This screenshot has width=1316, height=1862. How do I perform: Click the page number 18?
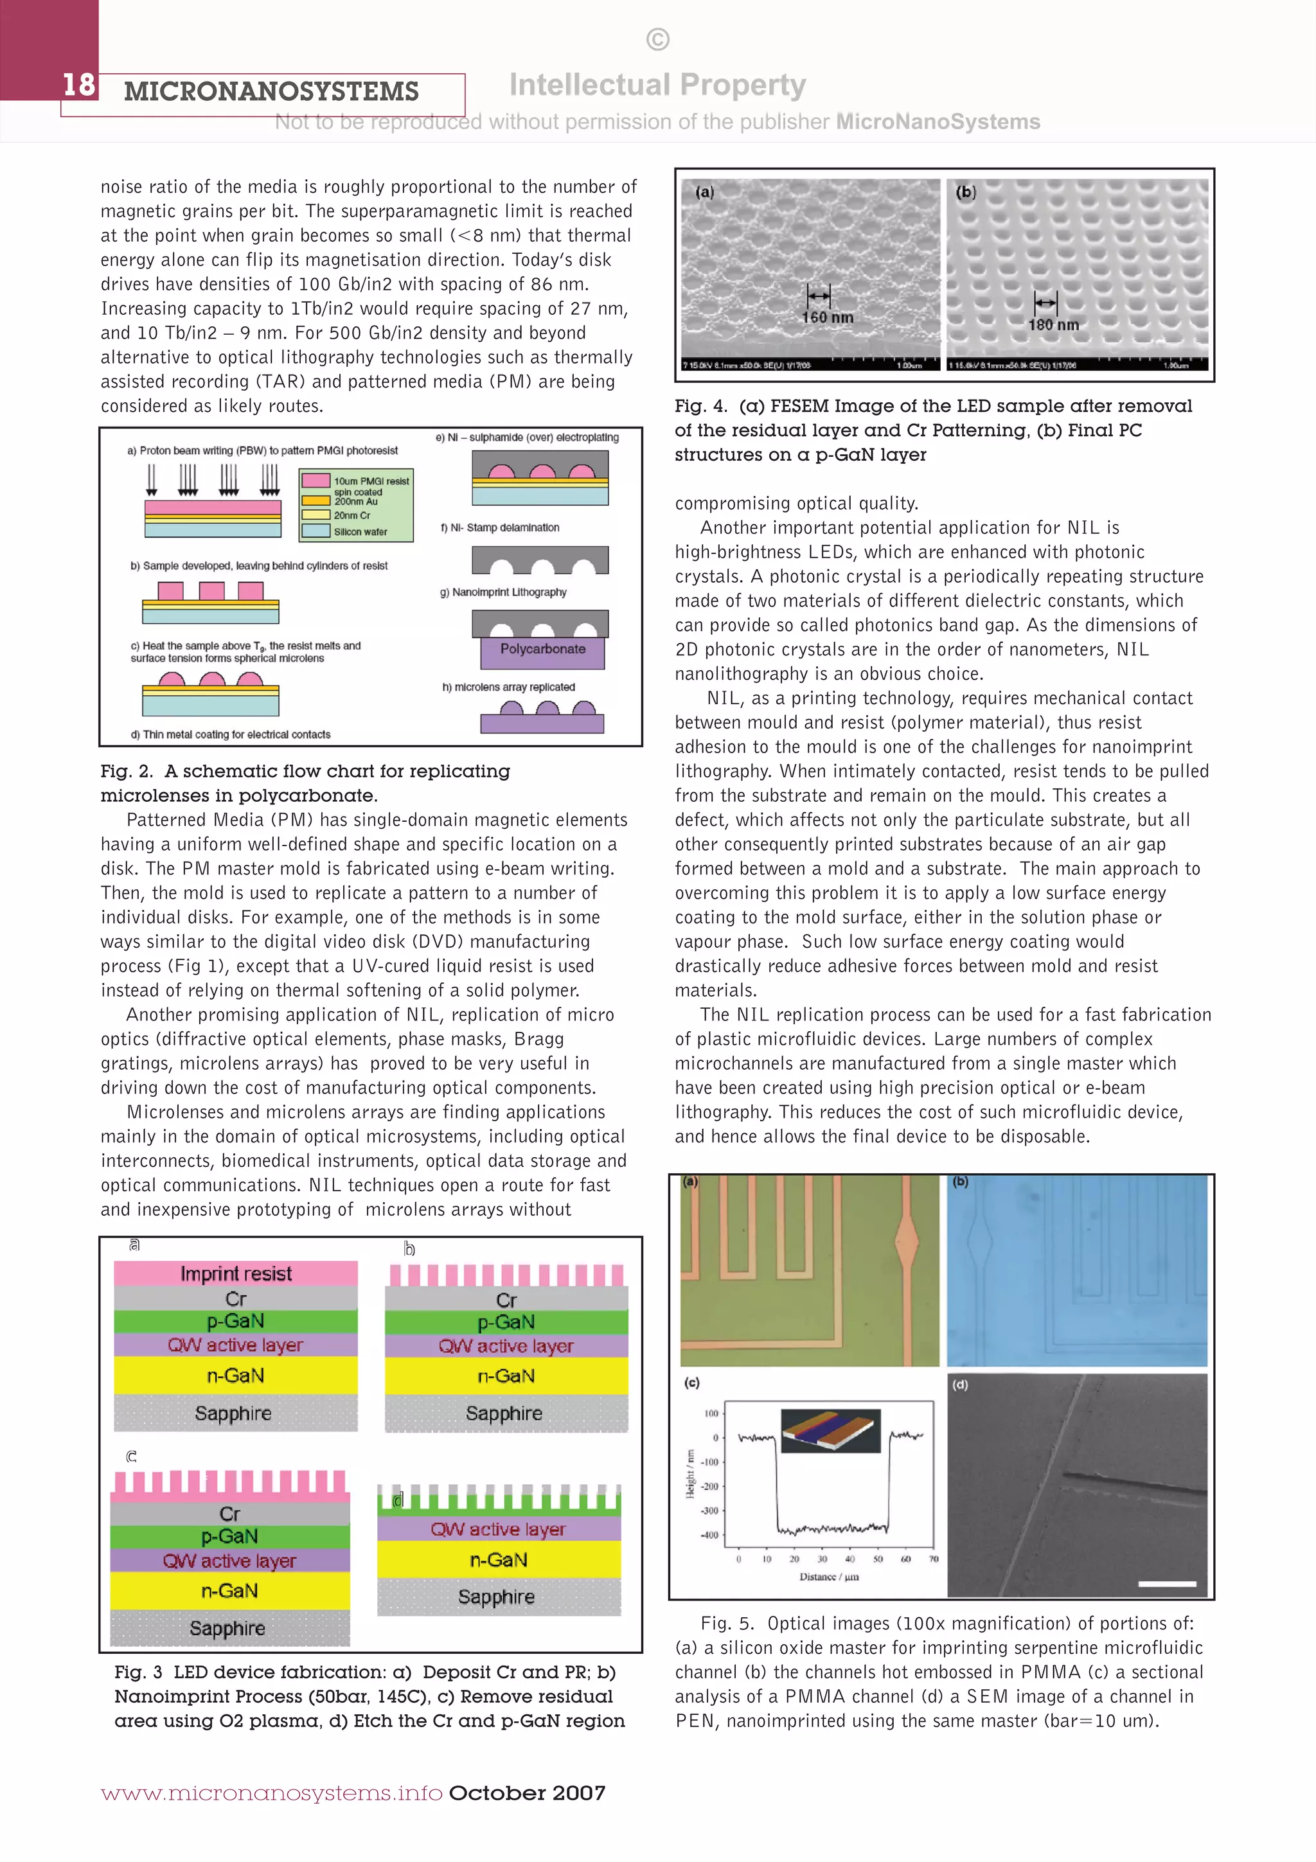click(x=78, y=84)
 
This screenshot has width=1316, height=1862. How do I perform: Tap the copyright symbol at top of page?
click(x=657, y=39)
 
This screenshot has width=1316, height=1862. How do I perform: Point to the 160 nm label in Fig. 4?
click(x=827, y=317)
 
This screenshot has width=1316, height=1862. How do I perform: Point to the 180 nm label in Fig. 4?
click(x=1053, y=324)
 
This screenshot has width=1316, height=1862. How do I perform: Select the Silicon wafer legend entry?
click(x=360, y=532)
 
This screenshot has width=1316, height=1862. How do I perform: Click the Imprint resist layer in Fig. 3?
click(x=235, y=1273)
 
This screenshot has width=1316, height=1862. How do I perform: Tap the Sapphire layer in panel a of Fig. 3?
click(x=233, y=1413)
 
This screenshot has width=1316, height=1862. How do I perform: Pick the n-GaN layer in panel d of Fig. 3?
click(x=499, y=1559)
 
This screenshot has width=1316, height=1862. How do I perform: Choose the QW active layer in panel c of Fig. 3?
click(x=229, y=1560)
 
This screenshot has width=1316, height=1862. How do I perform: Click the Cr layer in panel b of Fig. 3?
click(x=506, y=1300)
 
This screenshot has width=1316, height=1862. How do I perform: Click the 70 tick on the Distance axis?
click(x=933, y=1559)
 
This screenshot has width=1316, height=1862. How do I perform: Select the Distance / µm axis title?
click(x=829, y=1577)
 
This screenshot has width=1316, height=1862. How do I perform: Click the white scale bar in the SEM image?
click(x=1167, y=1583)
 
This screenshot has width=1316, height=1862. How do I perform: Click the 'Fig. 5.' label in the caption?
click(x=727, y=1623)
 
